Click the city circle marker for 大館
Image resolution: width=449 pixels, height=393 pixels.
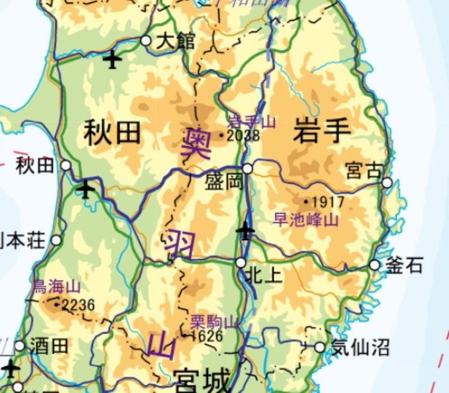coord(146,40)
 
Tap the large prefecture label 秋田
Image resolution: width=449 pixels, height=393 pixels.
coord(112,134)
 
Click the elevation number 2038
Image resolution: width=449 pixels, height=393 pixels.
coord(244,135)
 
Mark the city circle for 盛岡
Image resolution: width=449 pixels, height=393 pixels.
coord(248,168)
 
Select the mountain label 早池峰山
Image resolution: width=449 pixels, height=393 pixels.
coord(306,220)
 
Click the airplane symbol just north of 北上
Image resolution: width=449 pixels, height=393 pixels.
coord(246,230)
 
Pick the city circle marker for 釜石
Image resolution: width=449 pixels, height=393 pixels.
coord(375,266)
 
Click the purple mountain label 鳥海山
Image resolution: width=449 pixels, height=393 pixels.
coord(57,287)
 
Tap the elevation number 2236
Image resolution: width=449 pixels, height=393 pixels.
coord(79,305)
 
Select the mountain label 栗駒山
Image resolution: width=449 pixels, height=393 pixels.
coord(214,322)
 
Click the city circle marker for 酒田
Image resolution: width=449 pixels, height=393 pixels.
coord(20,346)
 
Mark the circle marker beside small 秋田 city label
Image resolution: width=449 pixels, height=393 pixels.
coord(66,166)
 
